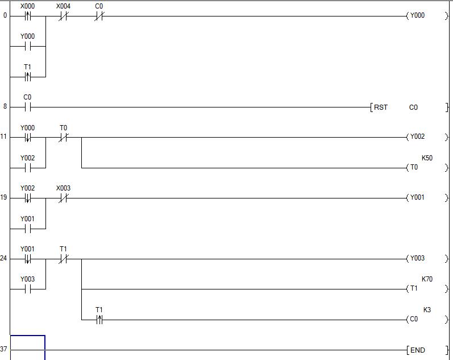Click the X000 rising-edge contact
click(27, 16)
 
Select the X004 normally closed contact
click(63, 16)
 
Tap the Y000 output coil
click(417, 16)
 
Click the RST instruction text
click(380, 107)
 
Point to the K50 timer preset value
click(427, 158)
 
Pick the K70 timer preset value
click(427, 279)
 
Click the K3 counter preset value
click(427, 310)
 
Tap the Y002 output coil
click(417, 137)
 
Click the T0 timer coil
click(413, 168)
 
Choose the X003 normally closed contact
click(63, 198)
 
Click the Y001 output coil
click(417, 198)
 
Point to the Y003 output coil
click(417, 259)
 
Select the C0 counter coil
click(413, 320)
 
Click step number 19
click(4, 198)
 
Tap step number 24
click(4, 259)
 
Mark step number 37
click(4, 349)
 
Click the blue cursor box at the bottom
click(27, 347)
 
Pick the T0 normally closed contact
click(63, 137)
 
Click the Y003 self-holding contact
click(27, 289)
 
